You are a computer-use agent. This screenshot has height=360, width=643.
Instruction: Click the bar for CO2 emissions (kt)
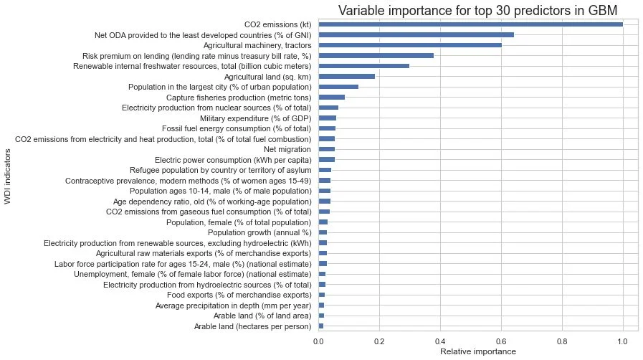pos(470,24)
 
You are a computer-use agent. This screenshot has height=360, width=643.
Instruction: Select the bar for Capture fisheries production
pos(332,97)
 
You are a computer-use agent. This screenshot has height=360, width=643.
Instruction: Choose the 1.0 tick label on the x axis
pos(622,341)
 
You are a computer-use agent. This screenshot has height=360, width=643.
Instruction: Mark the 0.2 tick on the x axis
pos(379,341)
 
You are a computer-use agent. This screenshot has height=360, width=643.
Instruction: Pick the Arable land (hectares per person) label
pos(252,326)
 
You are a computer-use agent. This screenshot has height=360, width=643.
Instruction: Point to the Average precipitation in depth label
pos(233,305)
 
